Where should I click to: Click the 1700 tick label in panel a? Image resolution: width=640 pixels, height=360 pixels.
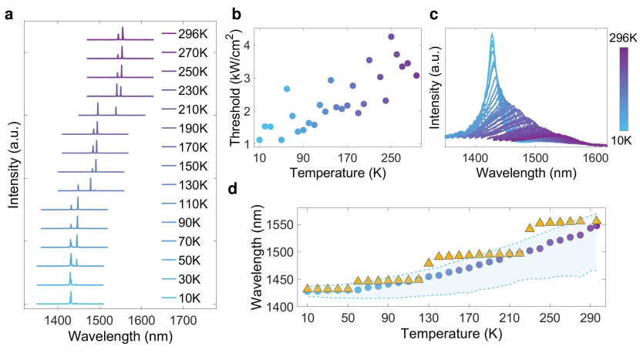click(x=182, y=320)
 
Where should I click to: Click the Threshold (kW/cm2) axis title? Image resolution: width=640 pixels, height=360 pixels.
click(x=241, y=86)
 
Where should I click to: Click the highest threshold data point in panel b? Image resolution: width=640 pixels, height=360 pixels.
click(x=391, y=37)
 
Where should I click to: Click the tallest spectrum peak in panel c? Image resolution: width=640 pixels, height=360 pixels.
click(x=491, y=35)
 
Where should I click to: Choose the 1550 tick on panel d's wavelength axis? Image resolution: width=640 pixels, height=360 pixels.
click(x=282, y=224)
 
